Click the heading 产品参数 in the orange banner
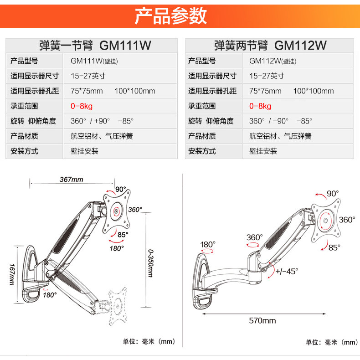[171, 16]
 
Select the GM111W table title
[95, 46]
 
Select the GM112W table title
[271, 46]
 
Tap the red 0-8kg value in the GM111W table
[82, 106]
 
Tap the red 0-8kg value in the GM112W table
[260, 106]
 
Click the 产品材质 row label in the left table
[24, 136]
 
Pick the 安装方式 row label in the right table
[202, 151]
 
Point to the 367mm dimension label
[72, 179]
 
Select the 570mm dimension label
[262, 320]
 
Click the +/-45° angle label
[287, 271]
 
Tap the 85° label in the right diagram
[334, 247]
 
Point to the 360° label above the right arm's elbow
[255, 237]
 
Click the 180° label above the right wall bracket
[208, 244]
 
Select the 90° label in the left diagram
[120, 189]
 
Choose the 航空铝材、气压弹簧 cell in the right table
[280, 136]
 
